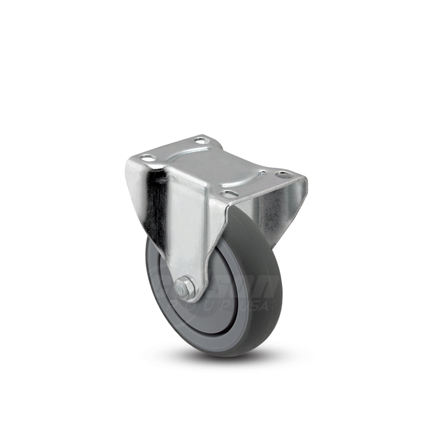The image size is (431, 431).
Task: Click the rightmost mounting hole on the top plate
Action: click(x=284, y=175)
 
